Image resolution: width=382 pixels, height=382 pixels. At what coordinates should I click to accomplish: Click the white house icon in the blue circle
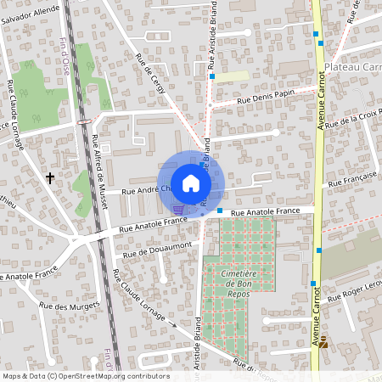[191, 183]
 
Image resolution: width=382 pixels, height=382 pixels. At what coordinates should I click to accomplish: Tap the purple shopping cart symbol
[178, 209]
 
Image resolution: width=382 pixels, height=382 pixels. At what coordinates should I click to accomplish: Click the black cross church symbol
[50, 177]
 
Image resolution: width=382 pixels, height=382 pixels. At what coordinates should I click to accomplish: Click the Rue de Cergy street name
[154, 75]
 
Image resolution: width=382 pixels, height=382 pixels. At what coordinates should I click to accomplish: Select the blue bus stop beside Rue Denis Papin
[212, 76]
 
